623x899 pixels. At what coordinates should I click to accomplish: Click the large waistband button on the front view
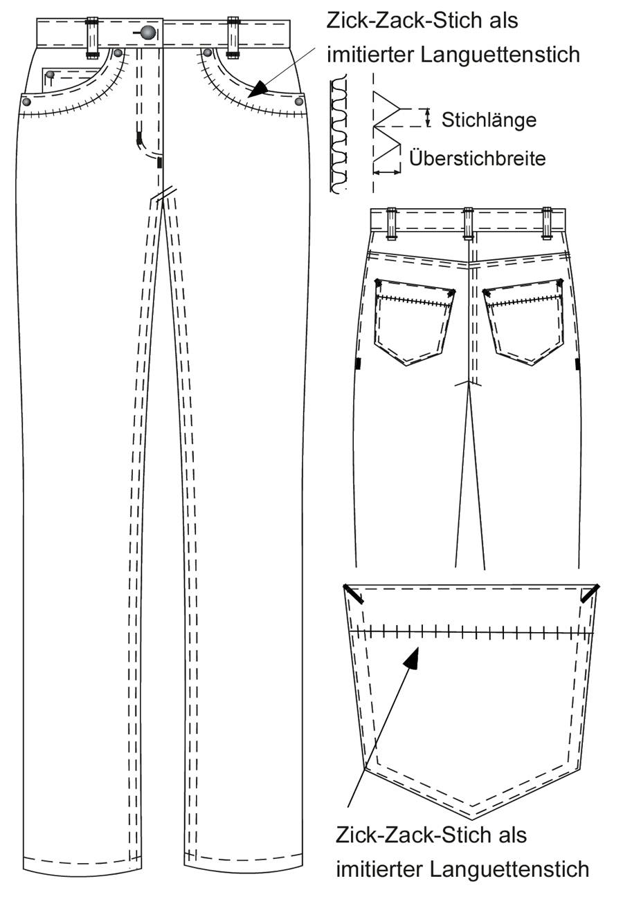coord(148,33)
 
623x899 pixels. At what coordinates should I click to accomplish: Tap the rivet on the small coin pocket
coord(51,74)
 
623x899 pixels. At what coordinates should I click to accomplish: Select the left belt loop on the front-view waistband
coord(92,37)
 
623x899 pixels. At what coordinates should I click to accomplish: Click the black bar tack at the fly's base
coord(159,163)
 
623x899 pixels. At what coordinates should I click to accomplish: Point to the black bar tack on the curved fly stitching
coord(139,138)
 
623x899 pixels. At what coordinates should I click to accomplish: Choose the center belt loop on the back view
coord(468,223)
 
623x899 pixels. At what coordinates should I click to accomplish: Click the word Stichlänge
coord(489,120)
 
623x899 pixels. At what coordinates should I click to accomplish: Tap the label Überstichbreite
coord(477,159)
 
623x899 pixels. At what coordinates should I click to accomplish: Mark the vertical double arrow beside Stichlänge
coord(428,118)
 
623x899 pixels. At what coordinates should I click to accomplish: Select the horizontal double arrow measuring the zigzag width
coord(386,172)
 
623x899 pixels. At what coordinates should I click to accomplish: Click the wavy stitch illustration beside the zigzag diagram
coord(338,133)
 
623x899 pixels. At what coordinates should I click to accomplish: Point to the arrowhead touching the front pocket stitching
coord(258,90)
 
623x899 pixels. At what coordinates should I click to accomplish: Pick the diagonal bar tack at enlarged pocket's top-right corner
coord(590,593)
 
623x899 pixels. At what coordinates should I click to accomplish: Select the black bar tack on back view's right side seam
coord(577,364)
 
